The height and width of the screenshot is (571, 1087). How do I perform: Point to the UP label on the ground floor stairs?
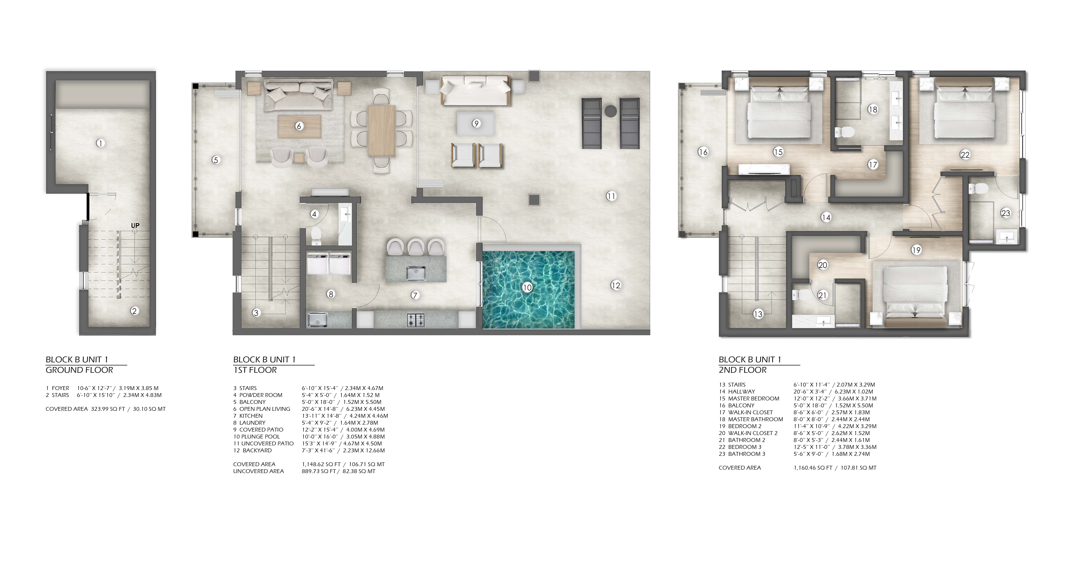pos(135,225)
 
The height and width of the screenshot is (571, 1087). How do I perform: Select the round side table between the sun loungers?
pos(611,111)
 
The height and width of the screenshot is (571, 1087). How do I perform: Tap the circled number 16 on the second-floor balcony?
pos(703,152)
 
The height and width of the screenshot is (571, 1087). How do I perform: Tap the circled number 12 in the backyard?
pos(616,285)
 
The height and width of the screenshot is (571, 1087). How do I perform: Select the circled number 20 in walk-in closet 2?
pos(822,265)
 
